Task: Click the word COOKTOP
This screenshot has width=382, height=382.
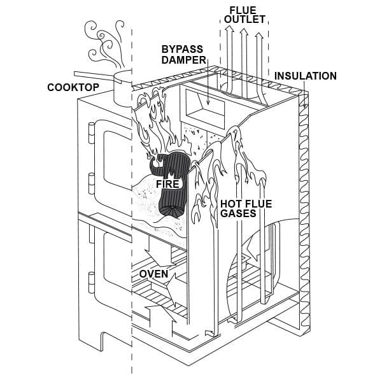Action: point(74,87)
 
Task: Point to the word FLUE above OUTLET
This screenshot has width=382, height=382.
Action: point(244,9)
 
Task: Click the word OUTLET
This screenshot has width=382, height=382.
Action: point(244,19)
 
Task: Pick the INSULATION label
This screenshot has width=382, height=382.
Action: point(305,76)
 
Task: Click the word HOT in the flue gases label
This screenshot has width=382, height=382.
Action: point(232,204)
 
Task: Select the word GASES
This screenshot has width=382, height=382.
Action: point(238,214)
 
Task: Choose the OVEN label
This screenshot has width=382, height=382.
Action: point(153,274)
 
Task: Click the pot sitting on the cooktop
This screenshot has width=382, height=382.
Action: point(122,88)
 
